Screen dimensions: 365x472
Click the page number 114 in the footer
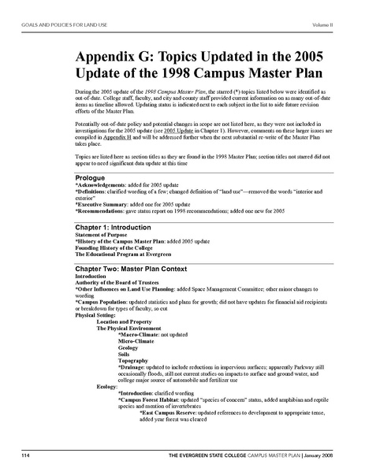click(x=25, y=455)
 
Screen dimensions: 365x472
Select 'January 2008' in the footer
click(x=324, y=455)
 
